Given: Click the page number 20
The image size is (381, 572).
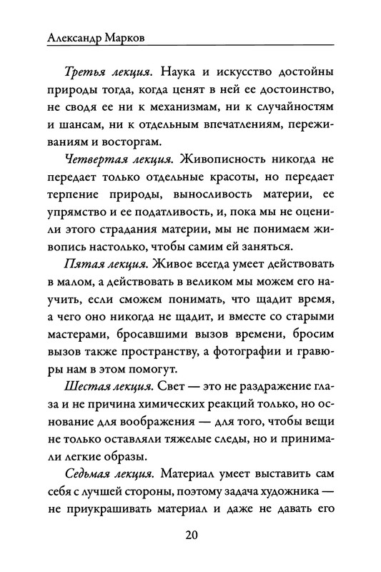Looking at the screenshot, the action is pos(190,536).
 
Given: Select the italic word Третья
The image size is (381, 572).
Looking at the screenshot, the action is pos(84,74).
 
